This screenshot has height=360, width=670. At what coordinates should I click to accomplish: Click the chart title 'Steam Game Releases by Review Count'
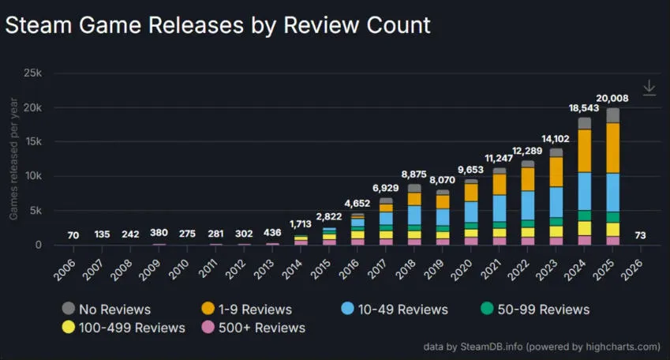tap(218, 24)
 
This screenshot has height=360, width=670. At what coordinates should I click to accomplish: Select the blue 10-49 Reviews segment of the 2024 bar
tap(584, 191)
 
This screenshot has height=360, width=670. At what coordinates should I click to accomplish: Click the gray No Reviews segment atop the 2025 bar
tap(612, 115)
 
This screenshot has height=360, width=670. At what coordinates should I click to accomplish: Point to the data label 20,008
tap(612, 98)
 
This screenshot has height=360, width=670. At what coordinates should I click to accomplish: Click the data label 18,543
tap(584, 107)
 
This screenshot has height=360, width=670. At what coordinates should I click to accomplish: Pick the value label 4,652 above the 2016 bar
tap(357, 203)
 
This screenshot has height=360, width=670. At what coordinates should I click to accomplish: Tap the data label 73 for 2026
tap(641, 234)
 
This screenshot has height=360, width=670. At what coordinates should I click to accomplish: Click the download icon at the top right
tap(649, 88)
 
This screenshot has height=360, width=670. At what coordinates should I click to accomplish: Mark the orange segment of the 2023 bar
tap(556, 171)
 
